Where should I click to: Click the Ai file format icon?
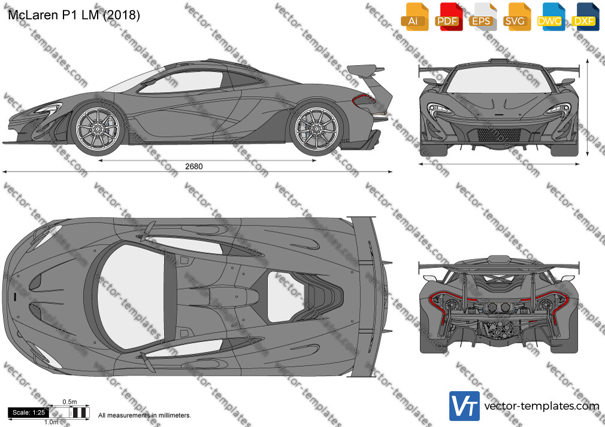click(415, 17)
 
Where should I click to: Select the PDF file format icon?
click(448, 17)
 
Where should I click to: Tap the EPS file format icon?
click(482, 17)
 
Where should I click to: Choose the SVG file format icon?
click(516, 17)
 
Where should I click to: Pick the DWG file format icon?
click(550, 17)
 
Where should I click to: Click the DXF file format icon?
click(585, 17)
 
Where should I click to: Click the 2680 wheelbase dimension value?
click(193, 166)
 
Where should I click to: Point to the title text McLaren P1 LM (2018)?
click(74, 14)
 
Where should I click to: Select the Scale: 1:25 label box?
click(29, 413)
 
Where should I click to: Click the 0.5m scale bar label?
click(69, 402)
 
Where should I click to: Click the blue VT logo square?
click(465, 406)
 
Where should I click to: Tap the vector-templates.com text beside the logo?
click(542, 406)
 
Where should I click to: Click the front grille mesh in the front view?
click(499, 135)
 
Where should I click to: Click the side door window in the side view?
click(181, 82)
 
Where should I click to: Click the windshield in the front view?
click(499, 80)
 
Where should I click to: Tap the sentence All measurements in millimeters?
click(145, 416)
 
